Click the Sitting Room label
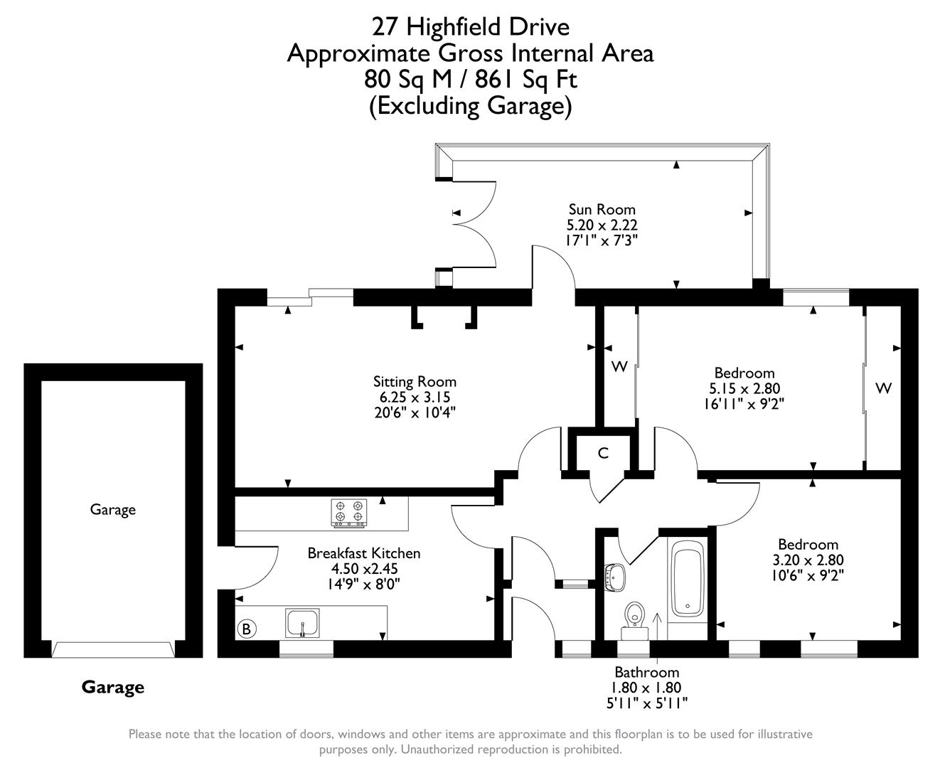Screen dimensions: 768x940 tap(415, 382)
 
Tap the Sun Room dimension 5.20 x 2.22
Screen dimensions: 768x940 tap(602, 225)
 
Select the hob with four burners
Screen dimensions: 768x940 tap(348, 513)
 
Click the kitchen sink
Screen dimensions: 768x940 tap(303, 623)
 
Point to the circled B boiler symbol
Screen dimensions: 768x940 tap(246, 629)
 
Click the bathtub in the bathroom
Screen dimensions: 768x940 tap(687, 577)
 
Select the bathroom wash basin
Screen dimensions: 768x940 tap(614, 577)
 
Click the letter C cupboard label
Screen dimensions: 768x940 tap(603, 453)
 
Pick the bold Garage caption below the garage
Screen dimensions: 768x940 tap(112, 687)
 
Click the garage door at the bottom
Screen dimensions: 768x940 tap(113, 649)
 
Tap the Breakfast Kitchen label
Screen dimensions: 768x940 tap(363, 553)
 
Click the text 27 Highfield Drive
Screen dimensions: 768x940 tap(470, 27)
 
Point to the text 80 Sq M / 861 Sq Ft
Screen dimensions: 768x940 tap(470, 79)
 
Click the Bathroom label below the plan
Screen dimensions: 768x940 tap(646, 672)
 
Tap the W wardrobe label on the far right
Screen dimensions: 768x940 tap(883, 388)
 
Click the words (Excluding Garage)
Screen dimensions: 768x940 tap(470, 106)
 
